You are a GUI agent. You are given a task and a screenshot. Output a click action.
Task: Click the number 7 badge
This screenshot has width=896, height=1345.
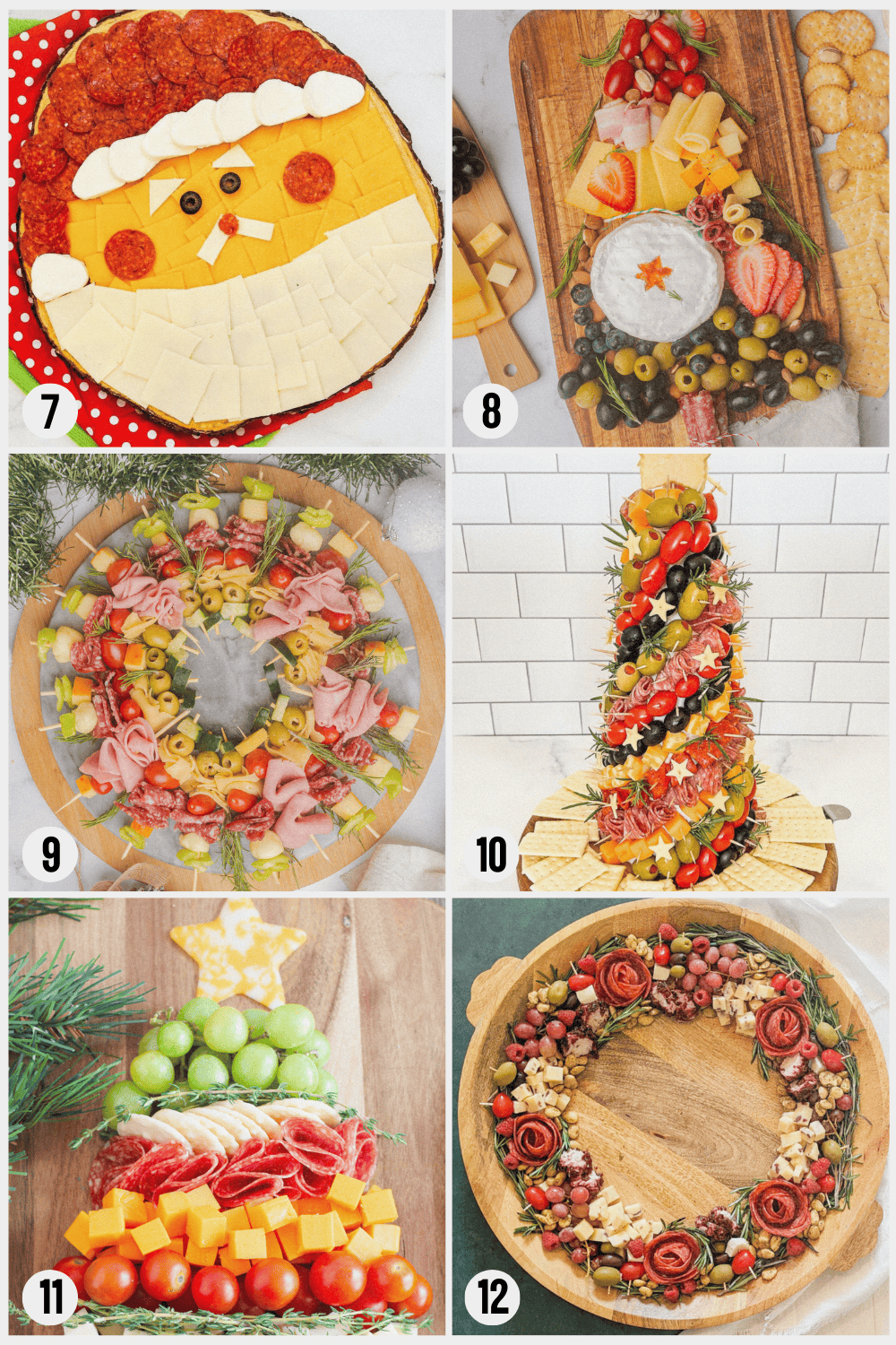50,412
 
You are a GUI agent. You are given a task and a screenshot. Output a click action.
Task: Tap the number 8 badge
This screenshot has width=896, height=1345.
491,412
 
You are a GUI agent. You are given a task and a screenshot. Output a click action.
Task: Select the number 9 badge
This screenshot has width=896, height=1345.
50,855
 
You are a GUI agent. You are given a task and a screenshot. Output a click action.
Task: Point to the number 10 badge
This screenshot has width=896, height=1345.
491,855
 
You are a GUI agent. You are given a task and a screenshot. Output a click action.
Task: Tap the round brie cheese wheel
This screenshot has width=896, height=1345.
656,278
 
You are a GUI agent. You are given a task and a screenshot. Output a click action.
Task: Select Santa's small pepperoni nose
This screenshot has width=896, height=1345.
228,224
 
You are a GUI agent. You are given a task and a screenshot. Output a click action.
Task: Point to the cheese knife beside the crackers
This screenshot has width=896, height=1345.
834,813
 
